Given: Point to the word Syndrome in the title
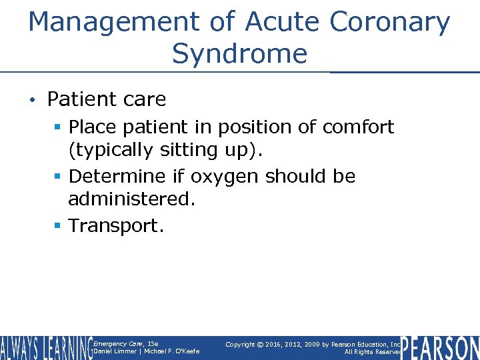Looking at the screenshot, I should pyautogui.click(x=239, y=53).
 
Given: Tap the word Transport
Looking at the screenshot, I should pyautogui.click(x=115, y=225).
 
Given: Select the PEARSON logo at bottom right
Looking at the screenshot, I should pyautogui.click(x=440, y=348).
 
